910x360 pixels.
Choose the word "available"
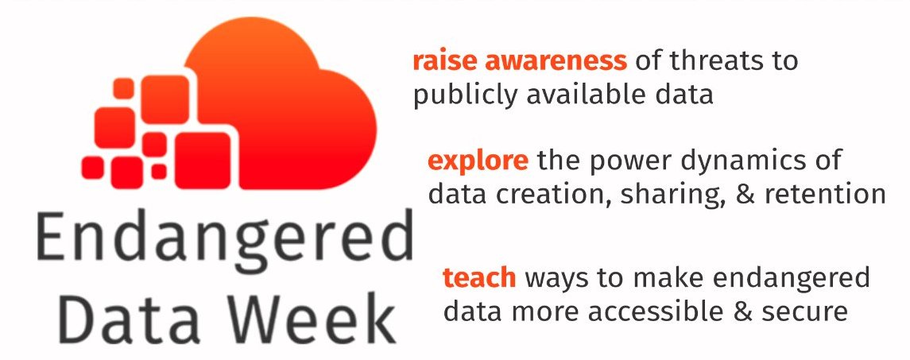(587, 95)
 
